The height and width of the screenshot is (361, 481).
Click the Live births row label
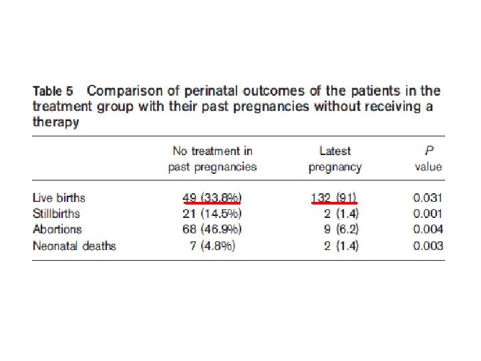tap(59, 198)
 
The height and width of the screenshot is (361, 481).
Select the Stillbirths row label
tap(56, 213)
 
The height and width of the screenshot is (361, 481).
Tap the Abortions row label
tap(57, 229)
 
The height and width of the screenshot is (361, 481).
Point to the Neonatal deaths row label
tap(74, 246)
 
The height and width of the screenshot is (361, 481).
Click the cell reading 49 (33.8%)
tap(212, 198)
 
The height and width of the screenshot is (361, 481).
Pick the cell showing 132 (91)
tap(334, 198)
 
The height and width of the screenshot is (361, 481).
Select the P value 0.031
tap(428, 198)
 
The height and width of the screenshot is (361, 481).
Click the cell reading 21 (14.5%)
tap(212, 213)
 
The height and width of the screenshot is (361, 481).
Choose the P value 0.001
tap(428, 213)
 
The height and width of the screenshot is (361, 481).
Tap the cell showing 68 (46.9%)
tap(212, 229)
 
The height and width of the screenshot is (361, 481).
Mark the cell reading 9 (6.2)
tap(341, 229)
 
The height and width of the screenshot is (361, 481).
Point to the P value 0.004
tap(428, 229)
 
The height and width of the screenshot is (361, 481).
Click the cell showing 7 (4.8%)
tap(212, 246)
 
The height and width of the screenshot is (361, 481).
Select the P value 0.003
tap(428, 246)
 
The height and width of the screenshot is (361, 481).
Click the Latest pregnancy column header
tap(335, 159)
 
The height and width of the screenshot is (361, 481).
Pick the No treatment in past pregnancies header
tap(212, 159)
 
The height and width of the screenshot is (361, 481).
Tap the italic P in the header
tap(429, 150)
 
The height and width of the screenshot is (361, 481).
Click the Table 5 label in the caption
tap(53, 91)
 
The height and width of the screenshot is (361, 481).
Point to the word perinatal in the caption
tap(210, 91)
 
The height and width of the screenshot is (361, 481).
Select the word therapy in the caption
tap(56, 122)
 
